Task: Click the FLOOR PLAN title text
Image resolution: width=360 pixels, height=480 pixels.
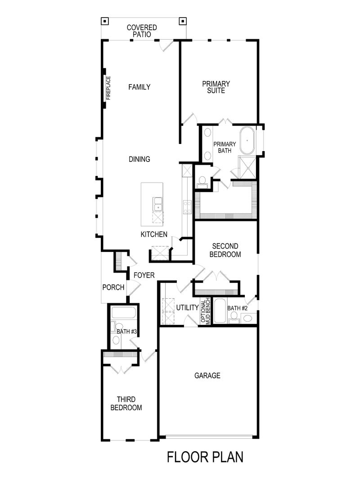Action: click(x=205, y=458)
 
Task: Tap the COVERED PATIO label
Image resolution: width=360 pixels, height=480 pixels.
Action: click(x=142, y=31)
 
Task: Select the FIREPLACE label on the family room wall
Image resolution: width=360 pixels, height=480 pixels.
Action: click(x=108, y=88)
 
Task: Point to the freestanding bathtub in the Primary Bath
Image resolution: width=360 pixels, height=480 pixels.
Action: click(x=247, y=140)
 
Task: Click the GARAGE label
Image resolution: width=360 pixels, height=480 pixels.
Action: click(x=207, y=375)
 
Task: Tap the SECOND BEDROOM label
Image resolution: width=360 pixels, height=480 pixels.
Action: click(x=225, y=250)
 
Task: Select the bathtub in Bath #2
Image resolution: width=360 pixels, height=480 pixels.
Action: click(x=219, y=311)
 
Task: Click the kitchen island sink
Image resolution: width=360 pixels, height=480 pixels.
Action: click(x=157, y=204)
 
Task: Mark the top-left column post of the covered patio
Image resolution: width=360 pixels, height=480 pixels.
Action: click(x=104, y=21)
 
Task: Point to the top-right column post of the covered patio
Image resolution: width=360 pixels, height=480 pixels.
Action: click(x=182, y=21)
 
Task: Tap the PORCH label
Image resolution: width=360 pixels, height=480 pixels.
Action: click(x=113, y=287)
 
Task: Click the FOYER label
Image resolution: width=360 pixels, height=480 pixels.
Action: click(x=144, y=275)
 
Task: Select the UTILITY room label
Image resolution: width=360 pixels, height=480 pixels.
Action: click(x=187, y=308)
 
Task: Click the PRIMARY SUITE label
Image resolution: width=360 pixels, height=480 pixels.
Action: click(x=216, y=87)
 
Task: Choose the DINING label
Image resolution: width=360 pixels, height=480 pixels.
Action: click(x=139, y=159)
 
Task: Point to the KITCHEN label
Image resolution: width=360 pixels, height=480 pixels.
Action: click(x=154, y=234)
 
